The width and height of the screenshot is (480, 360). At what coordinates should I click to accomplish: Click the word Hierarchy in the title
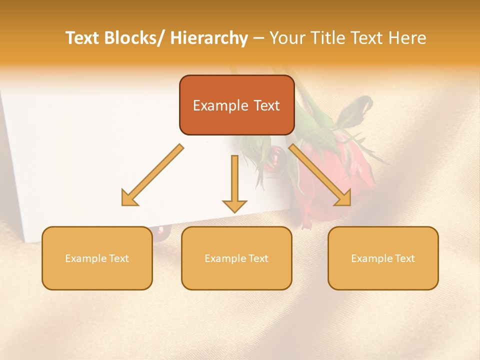pyautogui.click(x=209, y=38)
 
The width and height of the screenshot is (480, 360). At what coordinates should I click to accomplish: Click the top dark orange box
pyautogui.click(x=236, y=105)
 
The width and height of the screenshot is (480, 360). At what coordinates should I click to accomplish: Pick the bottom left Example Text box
pyautogui.click(x=97, y=258)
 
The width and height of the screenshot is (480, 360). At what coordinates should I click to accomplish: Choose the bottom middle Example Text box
pyautogui.click(x=236, y=258)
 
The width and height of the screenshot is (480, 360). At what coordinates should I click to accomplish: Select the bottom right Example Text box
pyautogui.click(x=383, y=258)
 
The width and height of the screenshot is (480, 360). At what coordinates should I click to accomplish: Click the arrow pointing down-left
pyautogui.click(x=152, y=175)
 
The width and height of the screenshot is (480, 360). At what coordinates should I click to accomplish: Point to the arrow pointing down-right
pyautogui.click(x=320, y=175)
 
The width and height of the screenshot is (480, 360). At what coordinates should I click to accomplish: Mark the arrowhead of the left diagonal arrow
pyautogui.click(x=129, y=198)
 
